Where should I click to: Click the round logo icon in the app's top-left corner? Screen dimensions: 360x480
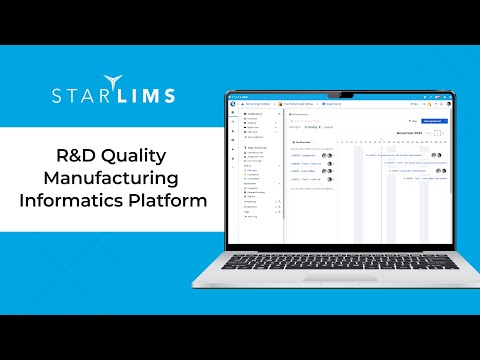pyautogui.click(x=235, y=102)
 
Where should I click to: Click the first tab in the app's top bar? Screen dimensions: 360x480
pyautogui.click(x=259, y=102)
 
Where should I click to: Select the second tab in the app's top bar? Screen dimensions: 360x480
pyautogui.click(x=297, y=102)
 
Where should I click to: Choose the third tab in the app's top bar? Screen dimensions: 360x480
pyautogui.click(x=333, y=102)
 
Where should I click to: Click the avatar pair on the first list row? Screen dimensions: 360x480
pyautogui.click(x=328, y=156)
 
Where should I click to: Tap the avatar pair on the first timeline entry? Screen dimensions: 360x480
pyautogui.click(x=436, y=155)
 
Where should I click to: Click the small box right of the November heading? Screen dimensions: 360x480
pyautogui.click(x=436, y=132)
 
